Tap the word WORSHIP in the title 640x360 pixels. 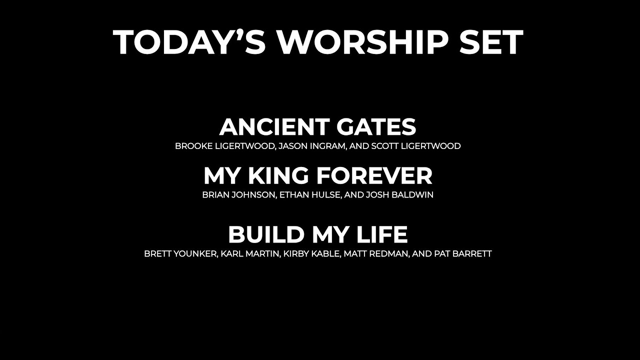tap(363, 42)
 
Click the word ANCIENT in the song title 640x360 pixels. tap(274, 127)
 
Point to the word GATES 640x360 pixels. tap(376, 127)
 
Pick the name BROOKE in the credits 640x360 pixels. tap(191, 146)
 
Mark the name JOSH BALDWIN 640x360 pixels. tap(399, 195)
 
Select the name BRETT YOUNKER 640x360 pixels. tap(180, 254)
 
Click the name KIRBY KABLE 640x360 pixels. tap(312, 254)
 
